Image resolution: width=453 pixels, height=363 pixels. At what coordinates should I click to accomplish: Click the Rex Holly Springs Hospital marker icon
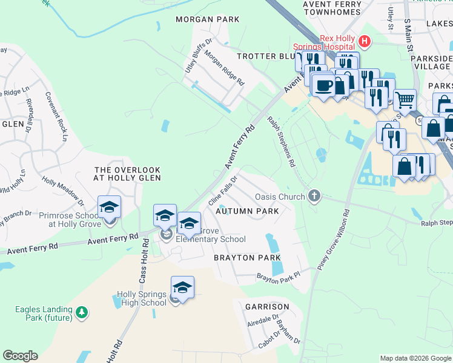pos(365,42)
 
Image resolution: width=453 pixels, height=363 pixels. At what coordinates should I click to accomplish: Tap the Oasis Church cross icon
pos(313,196)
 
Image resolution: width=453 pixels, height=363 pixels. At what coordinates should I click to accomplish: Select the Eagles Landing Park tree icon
pos(81,313)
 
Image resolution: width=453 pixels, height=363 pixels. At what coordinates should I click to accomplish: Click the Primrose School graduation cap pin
pos(109,208)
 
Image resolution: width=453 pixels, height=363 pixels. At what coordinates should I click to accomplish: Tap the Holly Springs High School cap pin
pos(182,288)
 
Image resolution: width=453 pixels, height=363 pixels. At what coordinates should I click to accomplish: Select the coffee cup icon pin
pos(324,85)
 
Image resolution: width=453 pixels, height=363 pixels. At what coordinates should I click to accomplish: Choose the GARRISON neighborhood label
pos(267,307)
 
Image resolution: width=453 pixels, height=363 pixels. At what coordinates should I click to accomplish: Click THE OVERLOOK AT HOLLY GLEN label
pos(127,174)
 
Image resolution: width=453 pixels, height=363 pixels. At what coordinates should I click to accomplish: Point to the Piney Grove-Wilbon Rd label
pos(334,240)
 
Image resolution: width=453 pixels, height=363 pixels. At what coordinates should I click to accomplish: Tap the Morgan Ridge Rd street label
pos(223,67)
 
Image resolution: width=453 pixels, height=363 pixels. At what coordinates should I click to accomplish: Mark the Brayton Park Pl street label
pos(279,277)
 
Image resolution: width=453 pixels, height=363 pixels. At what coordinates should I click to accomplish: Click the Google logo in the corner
pos(20,356)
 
